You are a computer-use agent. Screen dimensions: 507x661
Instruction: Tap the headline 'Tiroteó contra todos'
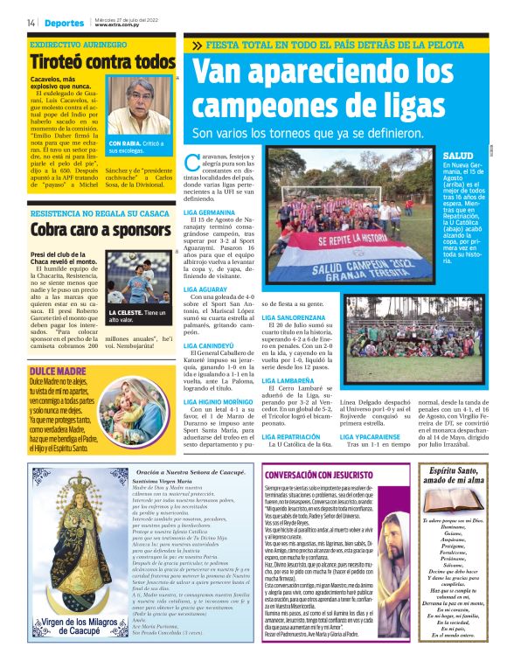(102, 62)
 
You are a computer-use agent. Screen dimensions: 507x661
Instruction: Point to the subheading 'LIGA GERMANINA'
(210, 212)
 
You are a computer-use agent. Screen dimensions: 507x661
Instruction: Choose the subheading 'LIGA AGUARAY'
(206, 288)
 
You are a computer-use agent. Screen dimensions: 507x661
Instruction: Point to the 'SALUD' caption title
(458, 155)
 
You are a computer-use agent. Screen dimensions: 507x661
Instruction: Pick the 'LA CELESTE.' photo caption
(125, 312)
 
